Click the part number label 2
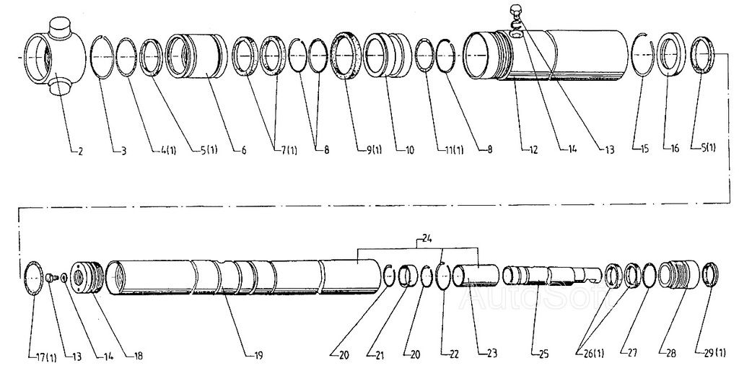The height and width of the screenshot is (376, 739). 80,152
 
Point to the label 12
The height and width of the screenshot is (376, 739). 533,150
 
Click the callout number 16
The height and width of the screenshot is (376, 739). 675,149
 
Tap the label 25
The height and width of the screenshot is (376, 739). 543,354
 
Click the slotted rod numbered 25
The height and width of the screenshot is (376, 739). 552,276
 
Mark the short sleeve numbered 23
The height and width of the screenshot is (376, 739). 476,276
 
